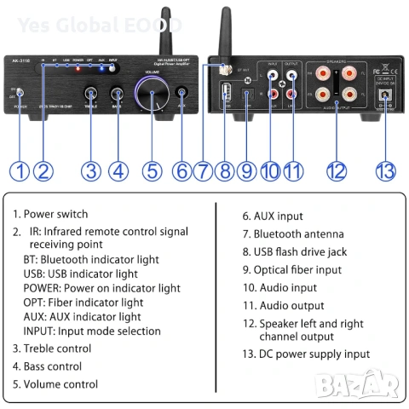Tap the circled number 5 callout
tap(152, 170)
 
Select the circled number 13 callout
tap(387, 170)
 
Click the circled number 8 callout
tap(225, 170)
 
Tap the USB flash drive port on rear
tap(225, 91)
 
